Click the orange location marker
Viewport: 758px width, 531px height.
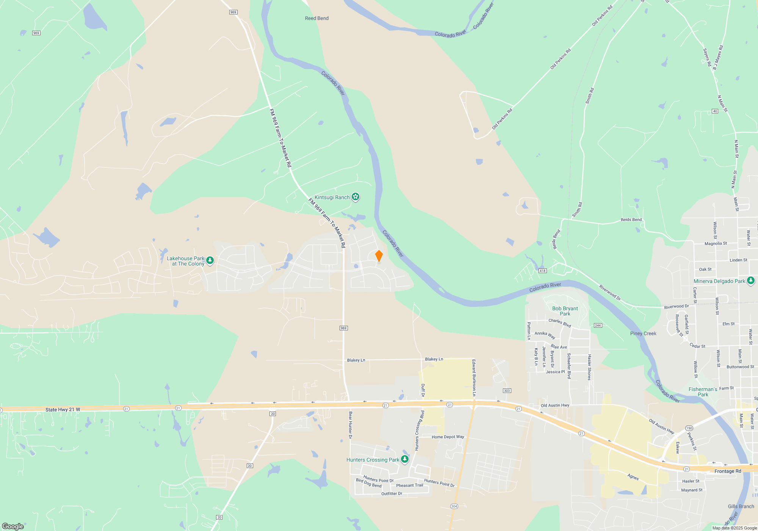[379, 256]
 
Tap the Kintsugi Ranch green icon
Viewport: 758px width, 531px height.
[355, 196]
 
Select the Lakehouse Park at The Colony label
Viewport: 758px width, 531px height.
[186, 261]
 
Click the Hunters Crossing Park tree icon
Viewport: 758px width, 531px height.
[405, 459]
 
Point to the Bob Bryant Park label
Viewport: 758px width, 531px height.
[565, 311]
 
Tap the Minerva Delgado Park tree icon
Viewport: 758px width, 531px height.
[750, 281]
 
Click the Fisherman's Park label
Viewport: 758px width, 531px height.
[703, 392]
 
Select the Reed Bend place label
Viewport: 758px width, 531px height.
[317, 18]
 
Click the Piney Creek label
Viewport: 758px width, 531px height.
[643, 333]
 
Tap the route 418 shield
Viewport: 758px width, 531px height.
[543, 271]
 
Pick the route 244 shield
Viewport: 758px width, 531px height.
[598, 325]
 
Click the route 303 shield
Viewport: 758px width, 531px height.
[507, 391]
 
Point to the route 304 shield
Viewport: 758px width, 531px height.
[454, 506]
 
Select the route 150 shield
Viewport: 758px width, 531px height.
[689, 428]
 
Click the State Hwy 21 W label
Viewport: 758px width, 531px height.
[63, 410]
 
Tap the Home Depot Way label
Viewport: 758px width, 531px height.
[448, 437]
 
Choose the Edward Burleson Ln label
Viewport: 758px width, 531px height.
[474, 377]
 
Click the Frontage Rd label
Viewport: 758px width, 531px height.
[728, 471]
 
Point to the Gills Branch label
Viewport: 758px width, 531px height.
[741, 506]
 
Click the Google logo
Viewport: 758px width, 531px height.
[13, 526]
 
